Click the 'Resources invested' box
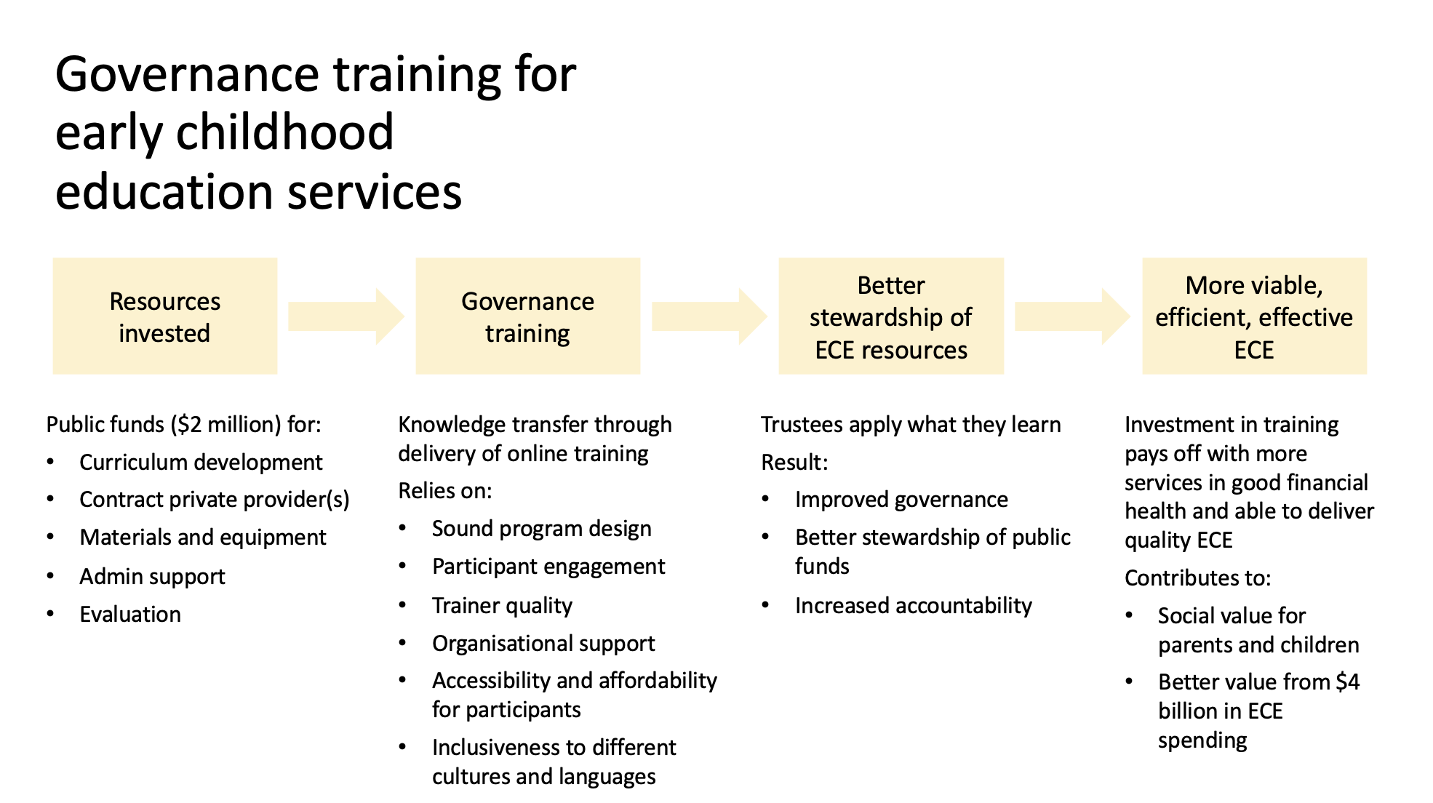pos(165,316)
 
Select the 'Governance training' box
pos(528,316)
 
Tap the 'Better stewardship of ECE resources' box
pos(891,316)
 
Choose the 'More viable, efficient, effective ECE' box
pos(1255,316)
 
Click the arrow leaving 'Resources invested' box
pos(346,316)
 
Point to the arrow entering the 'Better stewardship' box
pos(709,316)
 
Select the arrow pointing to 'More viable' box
pos(1073,316)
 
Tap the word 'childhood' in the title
pos(285,132)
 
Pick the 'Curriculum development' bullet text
pos(201,462)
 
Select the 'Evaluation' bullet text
pos(130,614)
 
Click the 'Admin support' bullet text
pos(152,577)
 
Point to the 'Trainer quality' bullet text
pos(502,606)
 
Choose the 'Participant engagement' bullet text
pos(548,567)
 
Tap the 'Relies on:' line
pos(445,491)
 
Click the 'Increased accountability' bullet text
pos(914,606)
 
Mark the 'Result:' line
pos(794,462)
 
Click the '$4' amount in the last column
pos(1348,682)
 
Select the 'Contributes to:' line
pos(1197,578)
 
